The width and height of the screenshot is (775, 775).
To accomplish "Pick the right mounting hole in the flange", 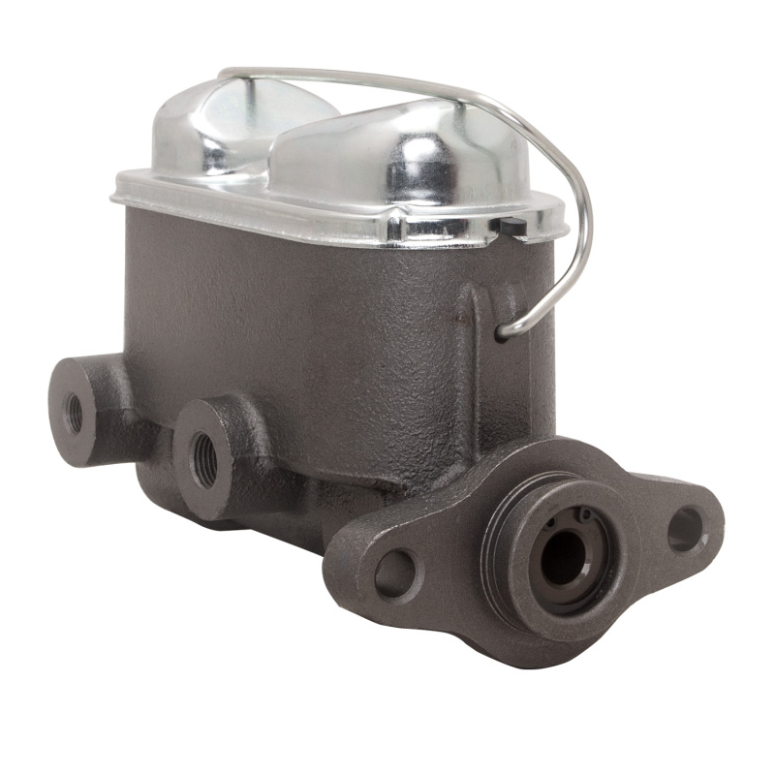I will tap(686, 529).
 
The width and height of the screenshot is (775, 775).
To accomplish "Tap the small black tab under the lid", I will tap(513, 228).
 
